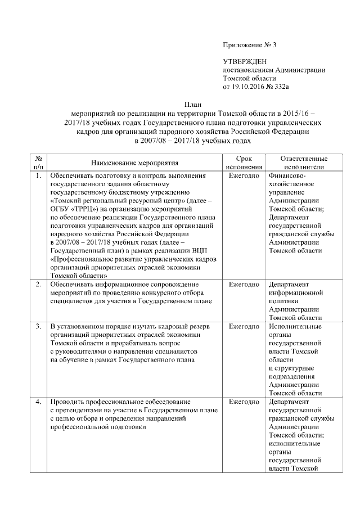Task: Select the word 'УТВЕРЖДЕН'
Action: [245, 61]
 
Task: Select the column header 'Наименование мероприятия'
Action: [134, 163]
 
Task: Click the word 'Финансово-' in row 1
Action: [288, 176]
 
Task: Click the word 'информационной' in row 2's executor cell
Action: [296, 293]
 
